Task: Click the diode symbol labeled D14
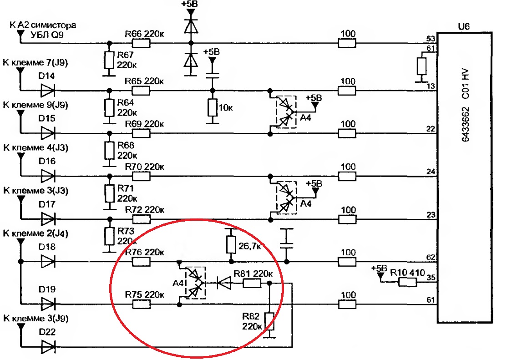(x=48, y=91)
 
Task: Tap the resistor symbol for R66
(x=141, y=43)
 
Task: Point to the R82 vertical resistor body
(x=269, y=321)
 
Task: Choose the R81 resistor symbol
(x=252, y=284)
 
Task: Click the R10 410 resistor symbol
(x=407, y=282)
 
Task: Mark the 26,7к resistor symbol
(x=231, y=244)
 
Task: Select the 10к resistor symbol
(x=212, y=108)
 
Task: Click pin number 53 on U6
(x=431, y=39)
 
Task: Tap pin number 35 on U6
(x=431, y=278)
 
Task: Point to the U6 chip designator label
(x=464, y=26)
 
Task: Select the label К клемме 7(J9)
(x=35, y=62)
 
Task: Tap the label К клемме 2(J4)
(x=35, y=233)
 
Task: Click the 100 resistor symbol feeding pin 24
(x=347, y=176)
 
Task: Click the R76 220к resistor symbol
(x=141, y=261)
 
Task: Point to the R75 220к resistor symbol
(x=141, y=304)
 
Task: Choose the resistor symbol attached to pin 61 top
(x=421, y=66)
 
